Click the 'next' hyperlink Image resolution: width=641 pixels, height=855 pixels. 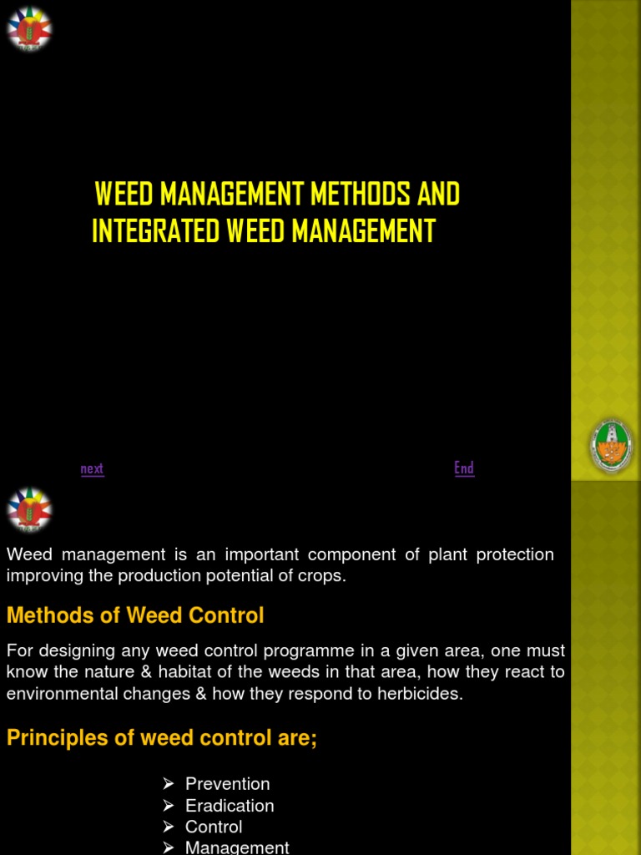[92, 468]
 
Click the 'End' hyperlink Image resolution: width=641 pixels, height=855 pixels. [464, 468]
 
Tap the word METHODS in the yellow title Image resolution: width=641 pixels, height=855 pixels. [359, 195]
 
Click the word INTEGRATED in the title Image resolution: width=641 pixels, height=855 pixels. [157, 231]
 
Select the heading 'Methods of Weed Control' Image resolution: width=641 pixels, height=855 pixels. [135, 616]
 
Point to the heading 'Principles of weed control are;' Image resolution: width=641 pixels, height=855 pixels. [162, 738]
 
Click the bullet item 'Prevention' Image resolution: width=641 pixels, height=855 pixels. [227, 784]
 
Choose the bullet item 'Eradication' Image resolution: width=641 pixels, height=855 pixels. [230, 806]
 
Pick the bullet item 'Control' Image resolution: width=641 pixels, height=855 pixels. [214, 827]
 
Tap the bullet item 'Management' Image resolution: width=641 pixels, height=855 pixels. [237, 847]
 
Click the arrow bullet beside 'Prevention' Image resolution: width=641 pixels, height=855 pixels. [169, 784]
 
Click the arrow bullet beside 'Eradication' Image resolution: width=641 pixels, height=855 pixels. [169, 806]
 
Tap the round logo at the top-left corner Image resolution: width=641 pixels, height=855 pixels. [29, 29]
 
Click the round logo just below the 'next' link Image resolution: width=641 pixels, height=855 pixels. [29, 509]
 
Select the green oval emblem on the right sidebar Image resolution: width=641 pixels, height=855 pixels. [612, 447]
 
